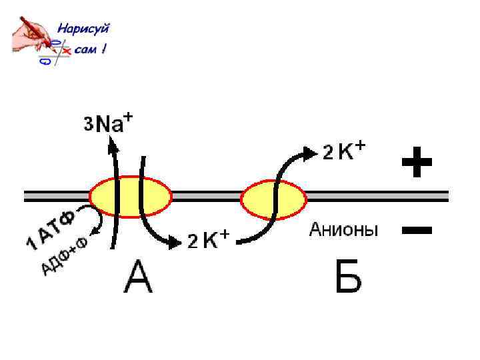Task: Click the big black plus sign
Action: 417,162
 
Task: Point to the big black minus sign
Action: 417,231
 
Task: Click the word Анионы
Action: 343,231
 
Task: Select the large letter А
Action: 138,277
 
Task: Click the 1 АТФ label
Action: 51,230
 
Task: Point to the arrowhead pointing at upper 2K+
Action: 311,153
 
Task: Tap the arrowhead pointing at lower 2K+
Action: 175,241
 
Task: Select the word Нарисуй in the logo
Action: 83,29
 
